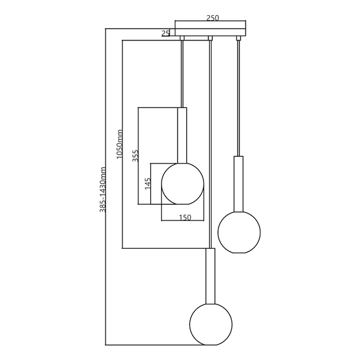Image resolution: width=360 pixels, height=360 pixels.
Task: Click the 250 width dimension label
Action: click(x=213, y=18)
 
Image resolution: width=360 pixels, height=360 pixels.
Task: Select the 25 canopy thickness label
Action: click(x=165, y=33)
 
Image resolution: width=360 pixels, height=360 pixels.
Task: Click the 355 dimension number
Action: click(x=135, y=156)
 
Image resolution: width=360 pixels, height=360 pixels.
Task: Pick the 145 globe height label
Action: click(x=147, y=184)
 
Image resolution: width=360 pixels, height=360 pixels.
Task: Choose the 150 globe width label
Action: click(x=185, y=217)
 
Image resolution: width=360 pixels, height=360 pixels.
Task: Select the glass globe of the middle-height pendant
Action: click(x=239, y=232)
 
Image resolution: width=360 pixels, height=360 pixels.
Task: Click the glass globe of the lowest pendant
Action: click(x=211, y=325)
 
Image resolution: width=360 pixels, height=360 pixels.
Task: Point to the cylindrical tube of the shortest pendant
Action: click(x=182, y=135)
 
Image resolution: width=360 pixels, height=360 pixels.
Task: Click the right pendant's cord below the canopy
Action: click(x=239, y=95)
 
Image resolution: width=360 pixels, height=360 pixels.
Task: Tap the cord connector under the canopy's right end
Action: click(x=239, y=39)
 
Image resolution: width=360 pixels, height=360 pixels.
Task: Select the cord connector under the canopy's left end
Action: click(x=182, y=39)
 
